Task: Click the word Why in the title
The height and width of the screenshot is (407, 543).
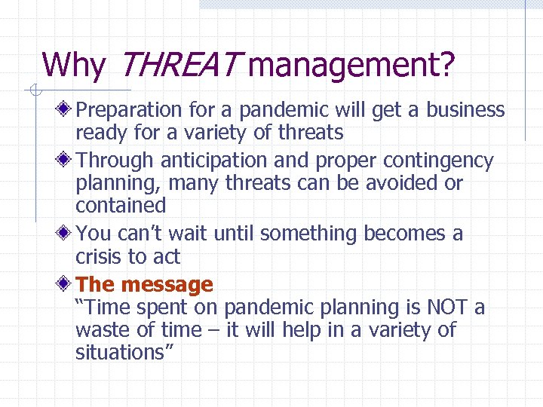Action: pos(74,66)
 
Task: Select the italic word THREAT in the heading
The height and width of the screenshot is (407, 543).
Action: pos(176,66)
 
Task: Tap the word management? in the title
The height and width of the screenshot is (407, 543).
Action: pos(351,66)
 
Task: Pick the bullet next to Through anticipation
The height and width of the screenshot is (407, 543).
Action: pos(66,161)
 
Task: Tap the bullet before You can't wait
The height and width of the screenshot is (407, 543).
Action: pos(66,234)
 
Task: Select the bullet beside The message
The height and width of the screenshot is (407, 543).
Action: pos(66,285)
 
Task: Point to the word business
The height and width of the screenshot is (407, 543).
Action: pos(465,111)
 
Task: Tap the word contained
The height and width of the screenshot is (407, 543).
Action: pos(120,205)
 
